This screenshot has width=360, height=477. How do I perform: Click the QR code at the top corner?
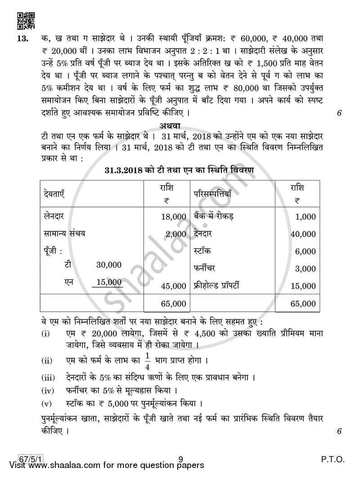[x=25, y=20]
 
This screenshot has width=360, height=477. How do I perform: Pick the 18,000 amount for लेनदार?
[x=173, y=216]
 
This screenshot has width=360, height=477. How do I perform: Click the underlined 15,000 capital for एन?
[x=109, y=282]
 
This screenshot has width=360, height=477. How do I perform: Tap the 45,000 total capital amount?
[x=173, y=286]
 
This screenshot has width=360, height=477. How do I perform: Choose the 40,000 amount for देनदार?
[x=303, y=234]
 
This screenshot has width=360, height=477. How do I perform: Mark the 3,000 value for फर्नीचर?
[x=306, y=269]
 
